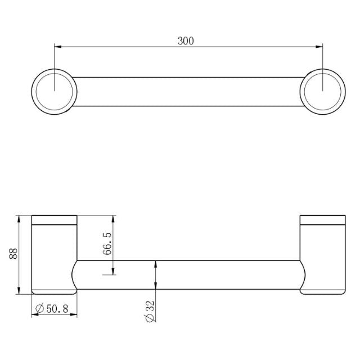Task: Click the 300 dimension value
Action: coord(186,40)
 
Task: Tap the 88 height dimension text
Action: coord(12,254)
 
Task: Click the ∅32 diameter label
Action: coord(150,310)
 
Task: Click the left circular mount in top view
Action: coord(53,91)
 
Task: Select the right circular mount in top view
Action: coord(322,91)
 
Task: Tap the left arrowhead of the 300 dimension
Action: coord(57,46)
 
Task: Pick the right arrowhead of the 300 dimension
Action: coord(319,46)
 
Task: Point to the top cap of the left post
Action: coord(53,219)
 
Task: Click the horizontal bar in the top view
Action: coord(187,91)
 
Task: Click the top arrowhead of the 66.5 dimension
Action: coord(114,218)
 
